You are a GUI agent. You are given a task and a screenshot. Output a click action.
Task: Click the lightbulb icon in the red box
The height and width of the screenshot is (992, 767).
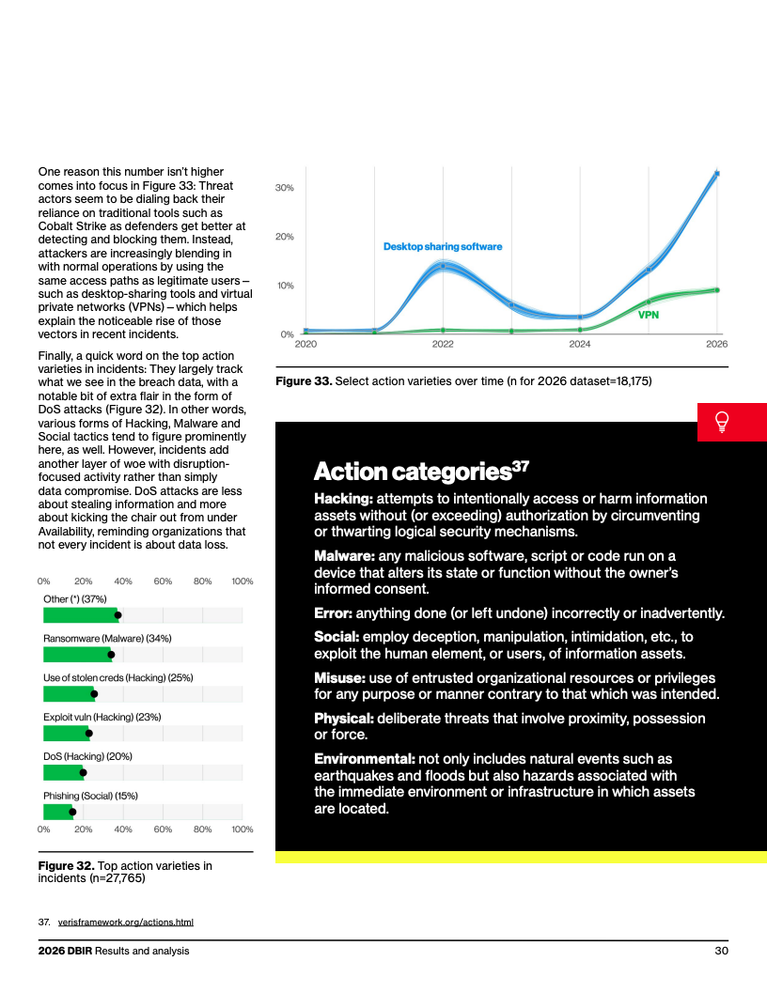722,422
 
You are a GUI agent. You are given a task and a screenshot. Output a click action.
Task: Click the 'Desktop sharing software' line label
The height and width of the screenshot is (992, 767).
443,247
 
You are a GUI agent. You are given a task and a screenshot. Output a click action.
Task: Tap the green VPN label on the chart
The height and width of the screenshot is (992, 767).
648,315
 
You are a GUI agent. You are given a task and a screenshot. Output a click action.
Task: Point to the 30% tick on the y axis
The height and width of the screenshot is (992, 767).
284,188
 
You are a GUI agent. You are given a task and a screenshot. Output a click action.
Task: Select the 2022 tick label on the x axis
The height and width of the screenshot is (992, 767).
443,344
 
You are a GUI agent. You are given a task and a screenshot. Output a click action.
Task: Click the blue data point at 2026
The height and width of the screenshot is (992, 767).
717,174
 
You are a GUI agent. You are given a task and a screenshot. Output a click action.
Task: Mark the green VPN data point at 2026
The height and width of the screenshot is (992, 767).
717,289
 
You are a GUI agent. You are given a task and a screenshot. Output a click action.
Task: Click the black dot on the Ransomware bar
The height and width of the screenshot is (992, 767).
111,655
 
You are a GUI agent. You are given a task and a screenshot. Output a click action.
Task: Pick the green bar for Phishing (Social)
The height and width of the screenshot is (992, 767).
58,812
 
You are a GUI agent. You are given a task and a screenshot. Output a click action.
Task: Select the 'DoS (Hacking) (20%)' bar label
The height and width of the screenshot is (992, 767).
88,756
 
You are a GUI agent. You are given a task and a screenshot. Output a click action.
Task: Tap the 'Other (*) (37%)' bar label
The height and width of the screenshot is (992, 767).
74,599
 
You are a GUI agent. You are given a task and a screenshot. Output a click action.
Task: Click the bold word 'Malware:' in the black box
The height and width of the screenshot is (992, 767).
345,556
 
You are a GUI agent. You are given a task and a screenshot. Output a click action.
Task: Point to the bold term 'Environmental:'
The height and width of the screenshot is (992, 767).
365,758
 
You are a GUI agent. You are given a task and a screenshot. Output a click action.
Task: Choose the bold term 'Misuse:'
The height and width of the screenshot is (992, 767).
340,678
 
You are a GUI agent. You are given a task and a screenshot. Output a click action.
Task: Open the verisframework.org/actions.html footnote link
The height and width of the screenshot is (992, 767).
126,922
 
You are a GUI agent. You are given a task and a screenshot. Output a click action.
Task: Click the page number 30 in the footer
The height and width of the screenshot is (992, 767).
722,951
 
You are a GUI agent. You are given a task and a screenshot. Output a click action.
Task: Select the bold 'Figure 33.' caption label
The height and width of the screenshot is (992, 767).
304,381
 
